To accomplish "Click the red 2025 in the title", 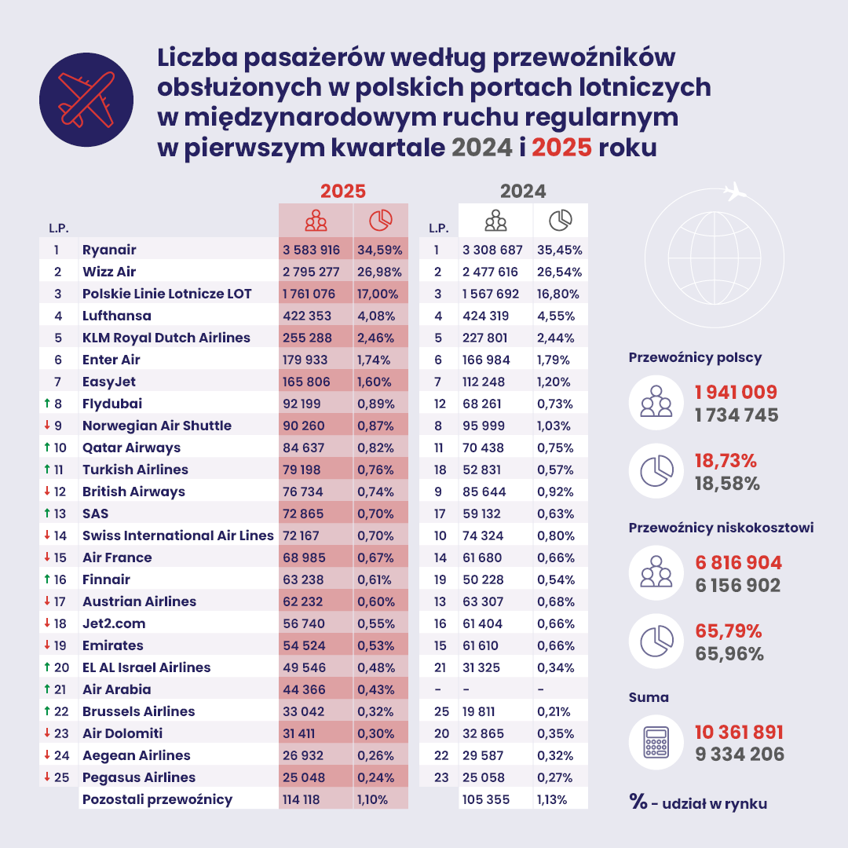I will [x=561, y=147].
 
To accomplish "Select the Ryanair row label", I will [x=109, y=250].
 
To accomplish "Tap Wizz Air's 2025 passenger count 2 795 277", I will [x=311, y=272].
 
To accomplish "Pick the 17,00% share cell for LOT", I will [x=379, y=294].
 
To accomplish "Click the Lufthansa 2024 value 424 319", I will [x=486, y=316].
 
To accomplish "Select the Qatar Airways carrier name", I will [x=131, y=448].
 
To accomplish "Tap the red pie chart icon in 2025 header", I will [x=381, y=221].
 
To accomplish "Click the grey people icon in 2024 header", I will [x=495, y=221].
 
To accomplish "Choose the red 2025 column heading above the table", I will [x=343, y=192].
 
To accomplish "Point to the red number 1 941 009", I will [x=736, y=393].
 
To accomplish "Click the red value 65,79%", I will [x=729, y=631].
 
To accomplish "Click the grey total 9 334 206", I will [x=739, y=755].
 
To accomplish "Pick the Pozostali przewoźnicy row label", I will [x=157, y=799].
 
